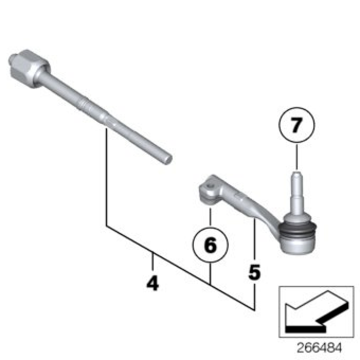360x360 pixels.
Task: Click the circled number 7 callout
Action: [297, 125]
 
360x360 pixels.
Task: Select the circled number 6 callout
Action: [210, 244]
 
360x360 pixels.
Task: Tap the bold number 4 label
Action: [153, 283]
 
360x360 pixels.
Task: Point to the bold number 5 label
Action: [255, 272]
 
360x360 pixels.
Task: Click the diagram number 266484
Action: [319, 347]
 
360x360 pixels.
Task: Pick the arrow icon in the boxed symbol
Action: [317, 312]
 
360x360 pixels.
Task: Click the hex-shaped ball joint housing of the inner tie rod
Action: [30, 68]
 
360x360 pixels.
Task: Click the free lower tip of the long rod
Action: [168, 159]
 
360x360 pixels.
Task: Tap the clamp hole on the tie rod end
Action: [210, 186]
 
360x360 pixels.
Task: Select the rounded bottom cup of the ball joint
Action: [298, 246]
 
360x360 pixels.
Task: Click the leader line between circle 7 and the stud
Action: [297, 157]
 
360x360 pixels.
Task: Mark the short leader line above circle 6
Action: [210, 217]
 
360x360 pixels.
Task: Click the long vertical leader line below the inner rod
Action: [107, 177]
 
